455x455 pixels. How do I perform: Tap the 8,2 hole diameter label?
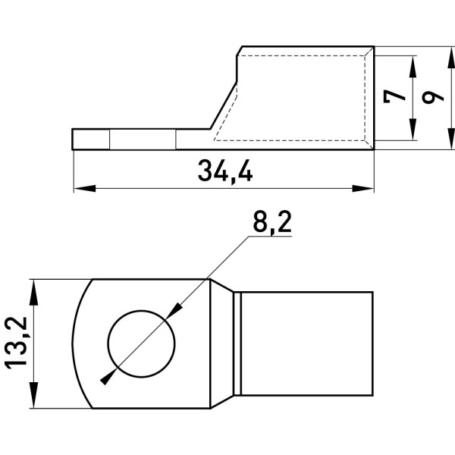click(272, 221)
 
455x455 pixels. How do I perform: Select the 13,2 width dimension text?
click(17, 344)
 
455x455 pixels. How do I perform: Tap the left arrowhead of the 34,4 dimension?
click(85, 188)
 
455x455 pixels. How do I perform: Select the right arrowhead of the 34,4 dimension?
click(363, 188)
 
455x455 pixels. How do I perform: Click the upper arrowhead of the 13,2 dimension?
click(34, 292)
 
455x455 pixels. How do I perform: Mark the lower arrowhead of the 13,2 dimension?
click(34, 395)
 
